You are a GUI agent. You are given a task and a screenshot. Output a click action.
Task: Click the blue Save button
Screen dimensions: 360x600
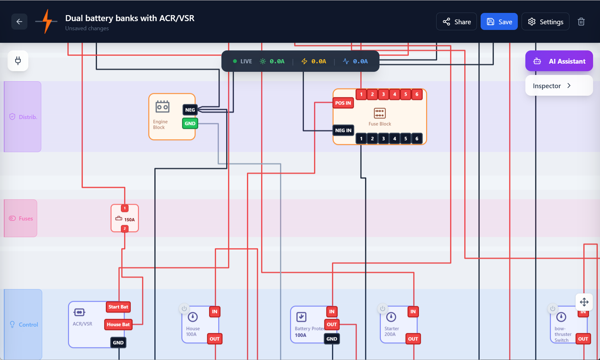tap(499, 22)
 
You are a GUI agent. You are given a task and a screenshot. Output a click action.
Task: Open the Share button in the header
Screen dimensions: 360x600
tap(456, 22)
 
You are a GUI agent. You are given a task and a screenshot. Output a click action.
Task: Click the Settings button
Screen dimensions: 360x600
tap(545, 22)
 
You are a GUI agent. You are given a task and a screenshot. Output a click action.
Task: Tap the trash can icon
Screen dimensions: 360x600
tap(581, 22)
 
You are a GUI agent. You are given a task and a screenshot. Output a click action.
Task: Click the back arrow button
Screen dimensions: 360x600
tap(19, 22)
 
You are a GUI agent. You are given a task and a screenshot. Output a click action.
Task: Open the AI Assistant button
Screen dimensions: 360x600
tap(559, 61)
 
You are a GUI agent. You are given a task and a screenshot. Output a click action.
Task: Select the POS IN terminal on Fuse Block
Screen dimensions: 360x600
tap(343, 103)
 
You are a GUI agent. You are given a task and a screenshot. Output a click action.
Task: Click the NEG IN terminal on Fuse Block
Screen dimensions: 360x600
tap(343, 130)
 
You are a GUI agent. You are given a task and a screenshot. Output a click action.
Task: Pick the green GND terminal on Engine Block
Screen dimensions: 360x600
tap(190, 123)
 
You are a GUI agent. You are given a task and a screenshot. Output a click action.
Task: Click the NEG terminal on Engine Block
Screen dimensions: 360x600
tap(190, 110)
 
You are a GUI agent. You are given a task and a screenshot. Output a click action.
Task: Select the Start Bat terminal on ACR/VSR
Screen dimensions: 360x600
tap(118, 307)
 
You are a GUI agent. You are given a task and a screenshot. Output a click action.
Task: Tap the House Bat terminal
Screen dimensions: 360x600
tap(118, 324)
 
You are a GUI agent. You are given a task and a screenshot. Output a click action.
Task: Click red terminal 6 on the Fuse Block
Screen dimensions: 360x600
tap(417, 94)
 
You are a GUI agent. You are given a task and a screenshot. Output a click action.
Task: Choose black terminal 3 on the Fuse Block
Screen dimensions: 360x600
tap(383, 139)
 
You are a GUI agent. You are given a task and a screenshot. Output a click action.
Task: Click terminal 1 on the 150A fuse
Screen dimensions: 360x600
tap(125, 208)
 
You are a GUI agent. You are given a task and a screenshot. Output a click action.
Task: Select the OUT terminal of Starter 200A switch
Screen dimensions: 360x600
tap(413, 339)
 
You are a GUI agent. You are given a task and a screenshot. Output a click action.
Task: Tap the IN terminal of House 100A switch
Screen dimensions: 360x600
tap(214, 311)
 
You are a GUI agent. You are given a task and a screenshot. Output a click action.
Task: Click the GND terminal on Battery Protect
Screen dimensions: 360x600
tap(332, 339)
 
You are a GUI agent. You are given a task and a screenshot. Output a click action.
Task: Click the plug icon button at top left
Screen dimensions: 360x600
tap(18, 61)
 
